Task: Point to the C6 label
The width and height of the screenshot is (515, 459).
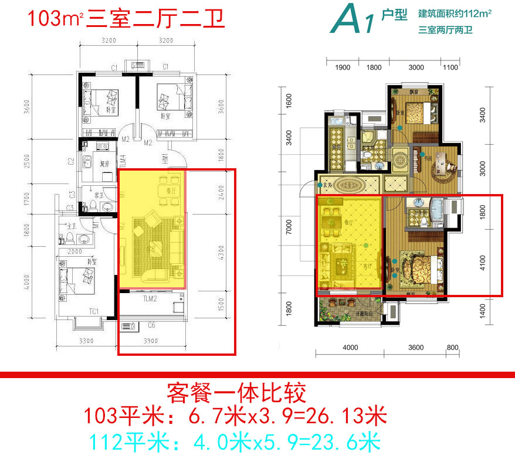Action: click(152, 324)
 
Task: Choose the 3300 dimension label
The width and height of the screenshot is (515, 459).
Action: click(87, 341)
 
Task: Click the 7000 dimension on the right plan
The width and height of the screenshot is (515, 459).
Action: click(289, 227)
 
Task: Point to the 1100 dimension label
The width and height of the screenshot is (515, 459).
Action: click(450, 67)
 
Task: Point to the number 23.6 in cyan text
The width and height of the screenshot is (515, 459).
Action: click(328, 441)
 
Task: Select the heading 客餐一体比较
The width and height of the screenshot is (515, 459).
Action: click(237, 392)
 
